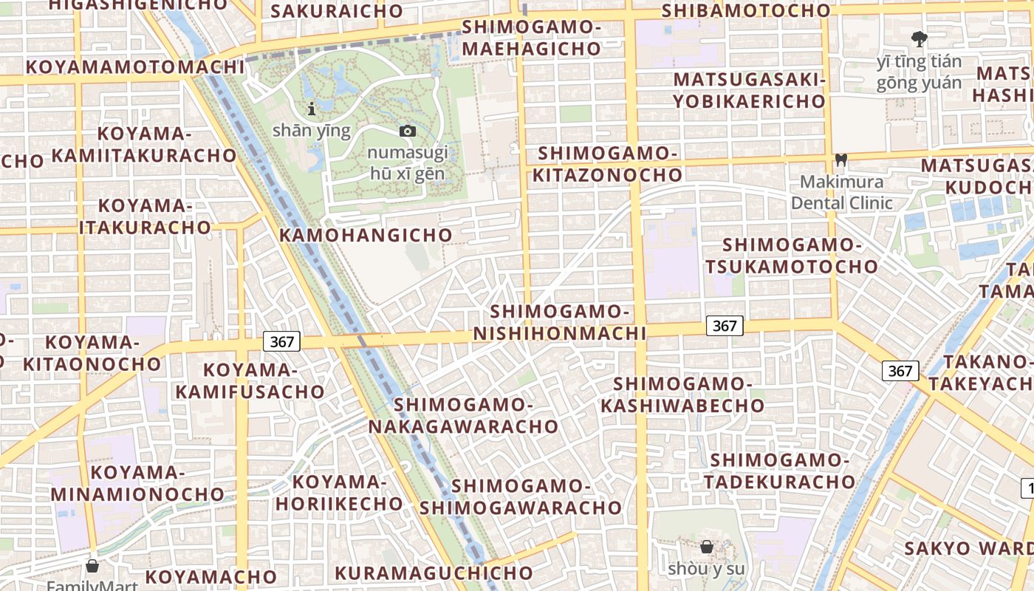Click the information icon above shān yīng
click(x=312, y=109)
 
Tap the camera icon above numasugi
click(x=407, y=131)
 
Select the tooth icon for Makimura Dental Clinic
click(x=840, y=160)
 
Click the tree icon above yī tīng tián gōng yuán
click(x=919, y=39)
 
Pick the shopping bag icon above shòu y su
click(x=706, y=547)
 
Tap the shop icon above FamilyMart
click(x=92, y=567)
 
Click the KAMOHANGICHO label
click(x=366, y=235)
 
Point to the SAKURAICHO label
click(x=337, y=11)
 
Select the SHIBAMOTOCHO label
click(x=746, y=11)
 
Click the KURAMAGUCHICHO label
click(x=434, y=573)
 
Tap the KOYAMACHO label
click(x=210, y=577)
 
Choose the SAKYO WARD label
click(x=968, y=549)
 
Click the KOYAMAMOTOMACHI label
click(x=134, y=67)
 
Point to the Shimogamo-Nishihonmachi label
click(x=559, y=323)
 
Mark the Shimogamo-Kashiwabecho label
click(x=682, y=395)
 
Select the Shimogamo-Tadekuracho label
click(x=779, y=471)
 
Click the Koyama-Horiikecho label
click(x=339, y=493)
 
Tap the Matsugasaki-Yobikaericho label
click(x=749, y=90)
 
